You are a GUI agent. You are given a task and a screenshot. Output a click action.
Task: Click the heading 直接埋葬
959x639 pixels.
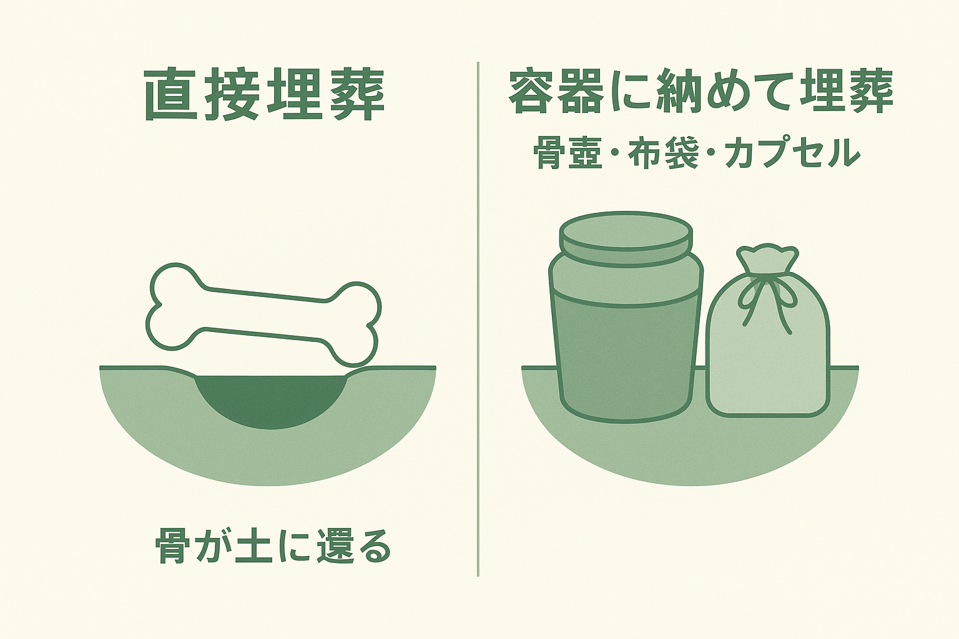(x=263, y=96)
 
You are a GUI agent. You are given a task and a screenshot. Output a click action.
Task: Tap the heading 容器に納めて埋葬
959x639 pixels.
(x=701, y=92)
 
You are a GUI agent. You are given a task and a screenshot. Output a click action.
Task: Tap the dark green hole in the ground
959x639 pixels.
(x=270, y=400)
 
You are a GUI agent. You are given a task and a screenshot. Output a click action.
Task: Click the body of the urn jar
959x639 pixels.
(x=626, y=338)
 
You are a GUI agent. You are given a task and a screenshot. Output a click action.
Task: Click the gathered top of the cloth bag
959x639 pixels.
(x=767, y=258)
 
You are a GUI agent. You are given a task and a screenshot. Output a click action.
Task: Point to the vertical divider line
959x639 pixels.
(x=478, y=319)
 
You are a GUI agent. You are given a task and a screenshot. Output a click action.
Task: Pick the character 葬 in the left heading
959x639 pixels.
(x=358, y=96)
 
